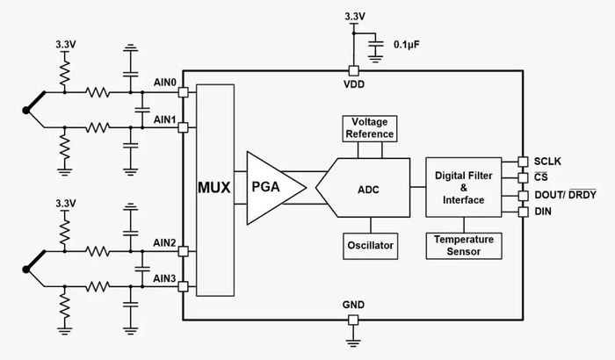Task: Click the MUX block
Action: pos(215,189)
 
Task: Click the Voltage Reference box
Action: pos(368,127)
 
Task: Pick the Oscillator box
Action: pos(368,244)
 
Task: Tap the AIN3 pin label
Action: pos(165,278)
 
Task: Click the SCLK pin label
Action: pos(546,162)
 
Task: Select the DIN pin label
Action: pos(541,212)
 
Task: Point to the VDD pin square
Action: pos(354,71)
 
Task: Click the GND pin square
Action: pos(354,318)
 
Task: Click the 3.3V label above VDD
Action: pos(353,15)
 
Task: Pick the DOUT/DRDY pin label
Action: pos(564,195)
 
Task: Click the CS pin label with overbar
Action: pos(539,178)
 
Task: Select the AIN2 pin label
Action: pos(165,242)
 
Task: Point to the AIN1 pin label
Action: pos(165,119)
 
